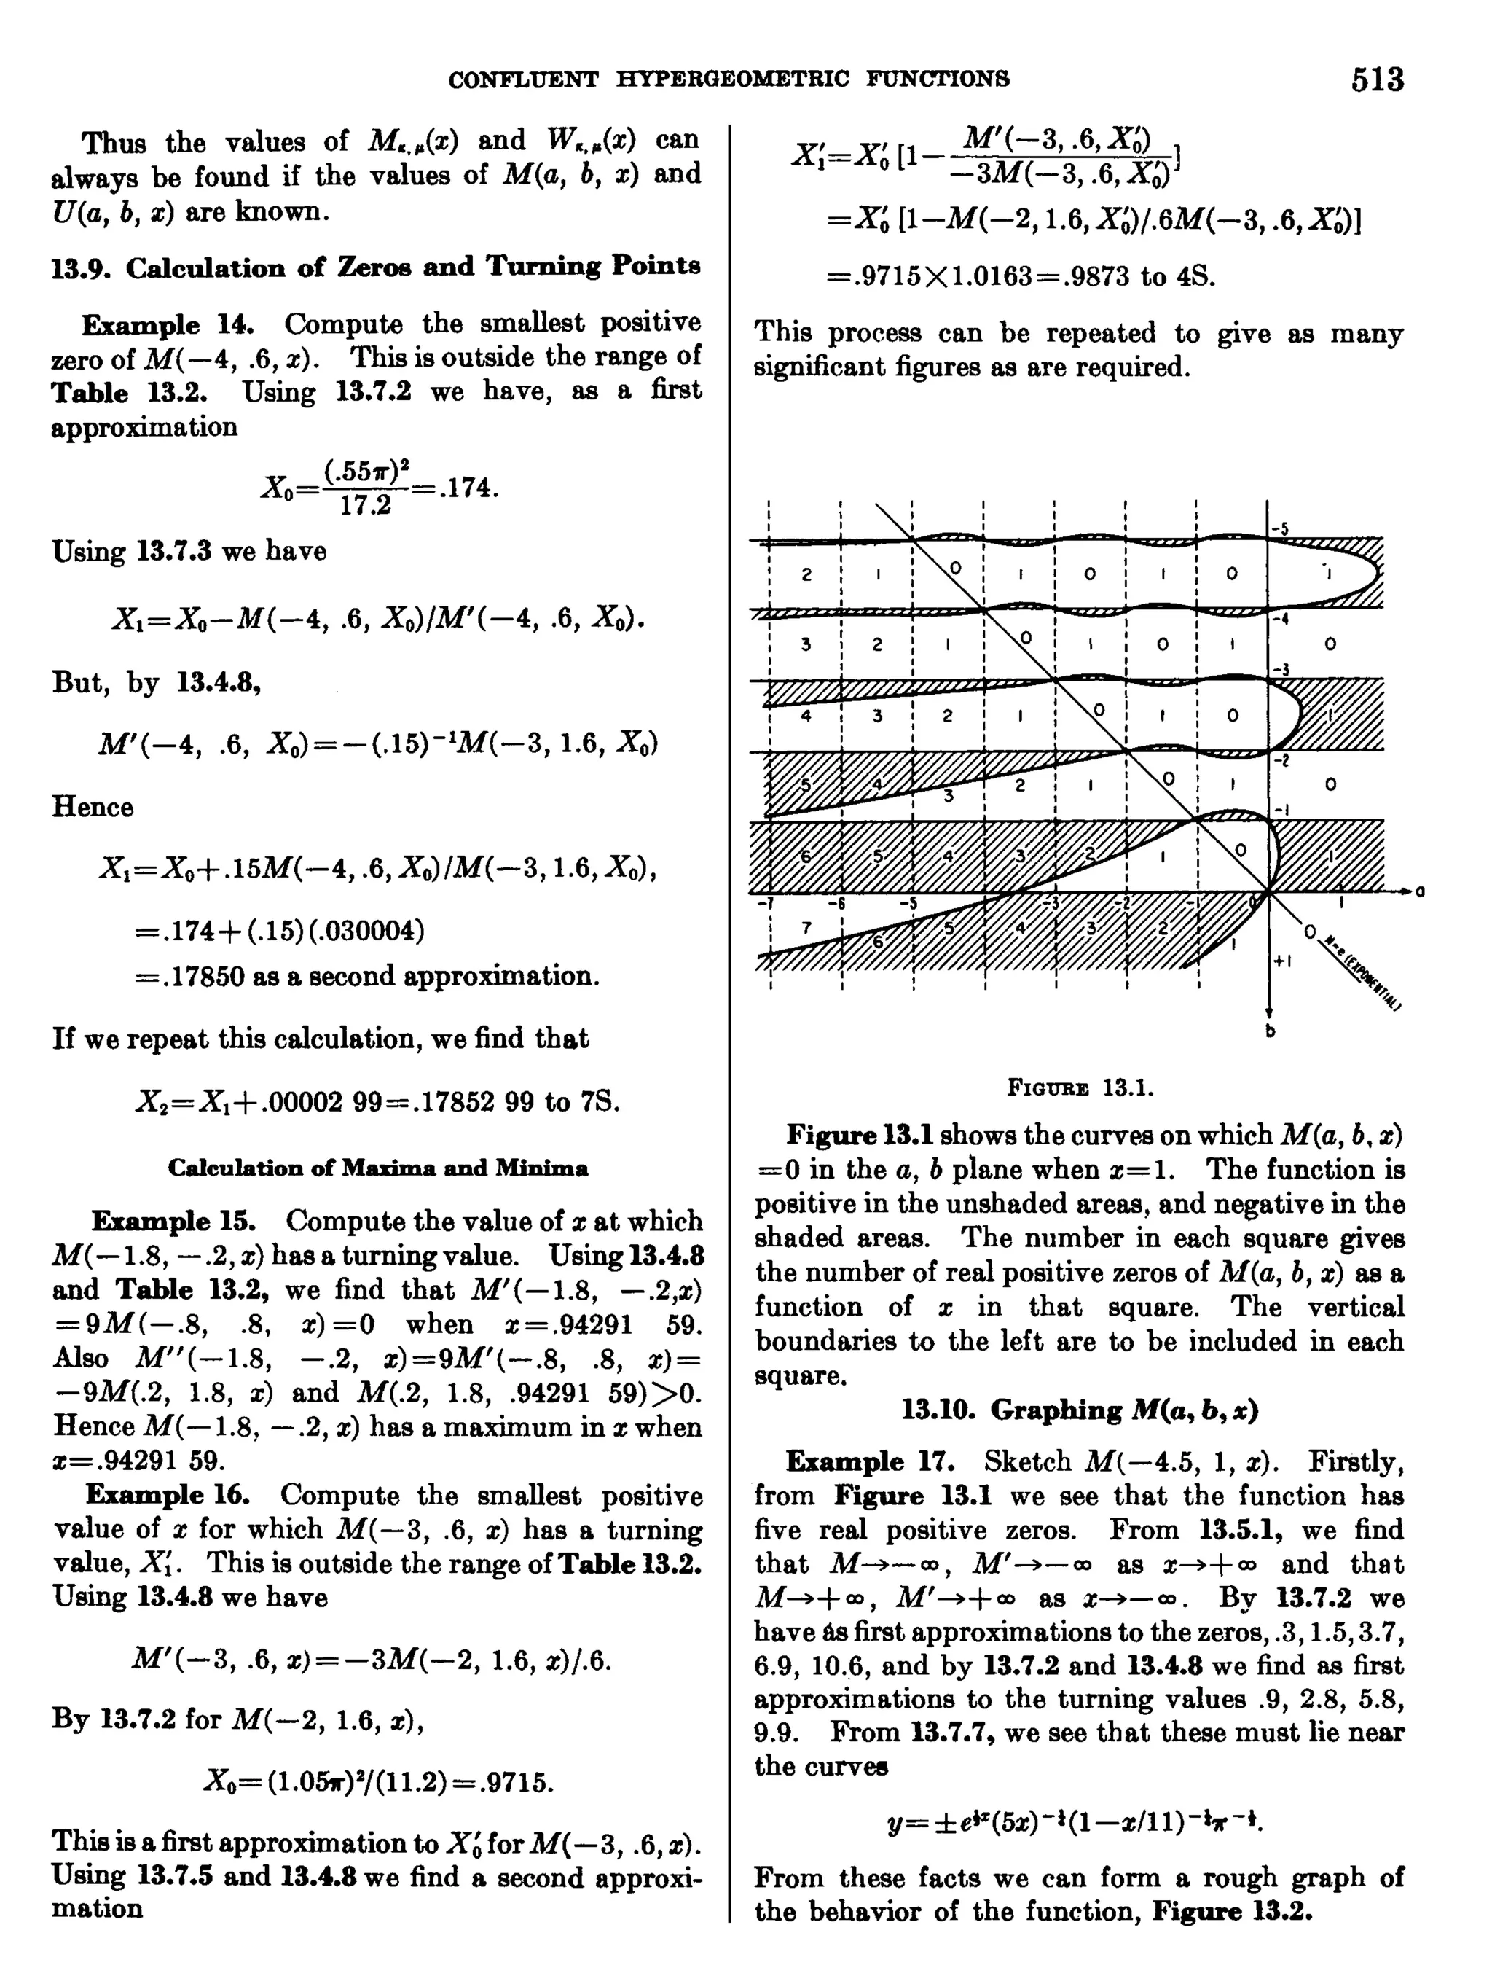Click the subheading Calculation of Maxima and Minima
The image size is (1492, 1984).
point(377,1168)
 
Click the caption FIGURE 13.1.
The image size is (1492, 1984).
point(1080,1088)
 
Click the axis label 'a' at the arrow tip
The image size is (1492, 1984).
point(1419,891)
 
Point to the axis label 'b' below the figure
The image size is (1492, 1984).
point(1270,1031)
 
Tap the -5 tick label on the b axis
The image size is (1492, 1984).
point(1281,529)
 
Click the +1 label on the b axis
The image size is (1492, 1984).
point(1282,961)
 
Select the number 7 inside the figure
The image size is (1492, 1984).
point(804,927)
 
